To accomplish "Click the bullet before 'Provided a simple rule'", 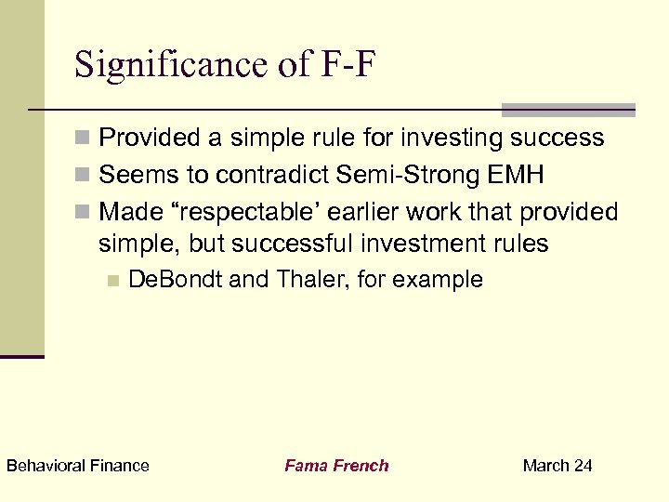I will (84, 139).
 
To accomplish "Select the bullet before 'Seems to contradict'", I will (84, 175).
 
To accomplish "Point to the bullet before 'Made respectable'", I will (84, 212).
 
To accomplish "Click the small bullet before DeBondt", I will (113, 280).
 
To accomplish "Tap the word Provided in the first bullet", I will (152, 139).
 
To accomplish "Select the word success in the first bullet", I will (559, 139).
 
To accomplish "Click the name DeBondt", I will (175, 279).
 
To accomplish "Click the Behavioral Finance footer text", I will (77, 466).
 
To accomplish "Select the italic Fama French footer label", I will (336, 466).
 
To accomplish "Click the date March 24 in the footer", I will (557, 466).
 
